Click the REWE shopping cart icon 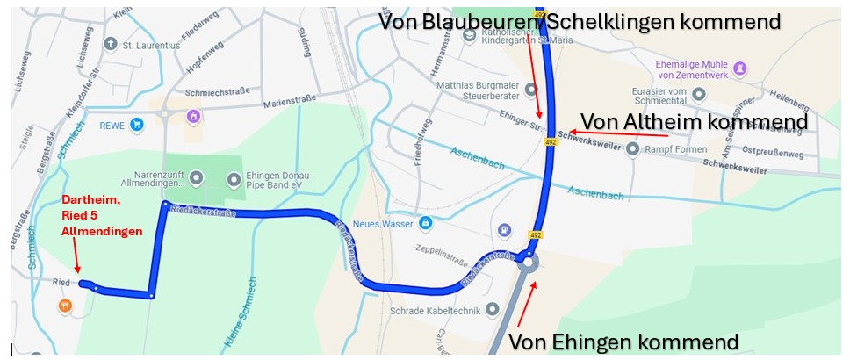click(136, 126)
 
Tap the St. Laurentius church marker click(111, 43)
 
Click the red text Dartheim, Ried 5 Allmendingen click(101, 215)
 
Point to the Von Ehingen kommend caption click(623, 341)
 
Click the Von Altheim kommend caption click(694, 120)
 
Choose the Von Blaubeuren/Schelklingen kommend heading click(579, 21)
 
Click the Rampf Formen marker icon click(633, 149)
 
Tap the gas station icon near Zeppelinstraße click(505, 230)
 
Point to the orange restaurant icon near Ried click(64, 306)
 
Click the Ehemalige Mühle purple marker click(740, 67)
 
